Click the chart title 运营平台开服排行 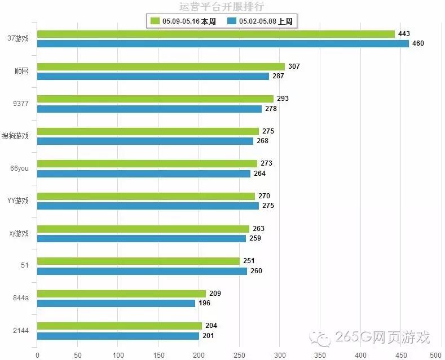(222, 7)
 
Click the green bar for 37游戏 (216, 34)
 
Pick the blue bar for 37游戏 (223, 43)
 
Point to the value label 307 (294, 66)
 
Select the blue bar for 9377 (149, 109)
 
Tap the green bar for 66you (147, 164)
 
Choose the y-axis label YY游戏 (18, 201)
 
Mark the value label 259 (255, 238)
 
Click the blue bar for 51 (142, 271)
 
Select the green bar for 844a (122, 294)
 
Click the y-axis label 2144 (20, 331)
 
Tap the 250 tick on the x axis (240, 355)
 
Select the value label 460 (418, 43)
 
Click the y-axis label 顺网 (21, 71)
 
